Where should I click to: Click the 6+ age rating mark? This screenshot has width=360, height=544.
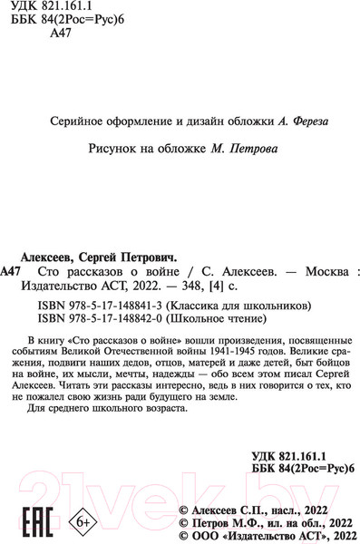click(x=82, y=497)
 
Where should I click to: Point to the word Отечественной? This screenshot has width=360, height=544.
click(x=131, y=347)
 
